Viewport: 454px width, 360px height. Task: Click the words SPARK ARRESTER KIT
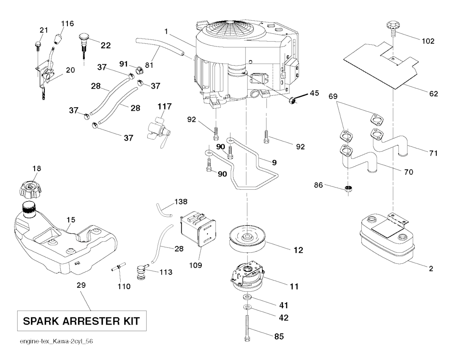(82, 320)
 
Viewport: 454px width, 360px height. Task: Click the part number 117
(164, 106)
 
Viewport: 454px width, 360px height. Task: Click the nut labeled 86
(349, 189)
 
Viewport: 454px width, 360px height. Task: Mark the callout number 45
(314, 93)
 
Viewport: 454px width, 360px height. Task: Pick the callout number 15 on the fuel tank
(71, 219)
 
